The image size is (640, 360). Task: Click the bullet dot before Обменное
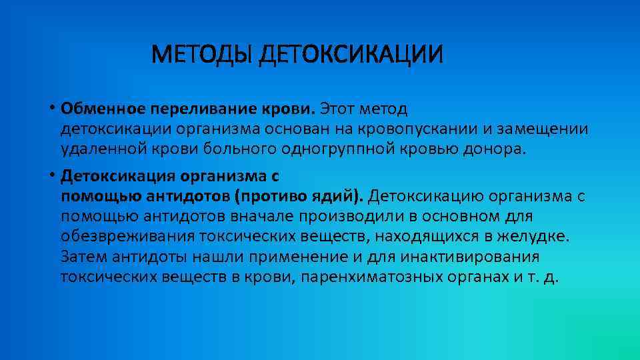click(x=51, y=107)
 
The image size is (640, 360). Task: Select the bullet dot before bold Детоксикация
click(x=51, y=177)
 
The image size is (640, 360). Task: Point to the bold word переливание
click(x=193, y=108)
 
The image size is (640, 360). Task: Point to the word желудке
click(x=539, y=237)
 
